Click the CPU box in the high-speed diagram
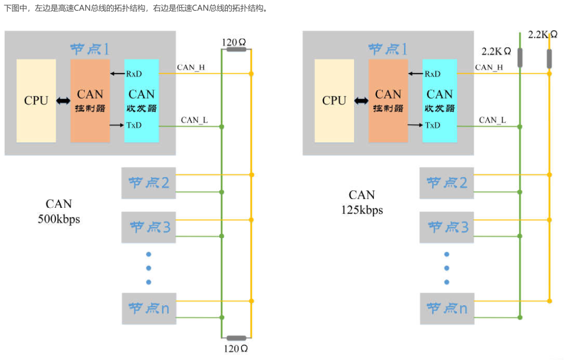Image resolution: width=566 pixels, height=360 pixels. (x=36, y=101)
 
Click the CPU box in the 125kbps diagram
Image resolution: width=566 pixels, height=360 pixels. (x=334, y=101)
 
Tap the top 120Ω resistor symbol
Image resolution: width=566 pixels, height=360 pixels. (x=237, y=49)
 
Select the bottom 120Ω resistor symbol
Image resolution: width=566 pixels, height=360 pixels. (x=237, y=338)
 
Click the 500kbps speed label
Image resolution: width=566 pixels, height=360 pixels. (x=59, y=219)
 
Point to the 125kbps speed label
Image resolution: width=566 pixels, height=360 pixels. (x=362, y=210)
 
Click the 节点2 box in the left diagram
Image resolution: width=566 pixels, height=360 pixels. (x=149, y=183)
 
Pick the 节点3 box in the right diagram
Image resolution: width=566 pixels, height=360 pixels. (x=447, y=227)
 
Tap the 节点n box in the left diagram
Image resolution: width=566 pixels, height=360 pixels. (x=149, y=308)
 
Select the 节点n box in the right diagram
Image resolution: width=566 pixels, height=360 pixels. (x=447, y=308)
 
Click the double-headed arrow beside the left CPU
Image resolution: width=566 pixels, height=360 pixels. (x=63, y=101)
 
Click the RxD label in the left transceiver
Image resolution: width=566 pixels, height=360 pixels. (x=134, y=74)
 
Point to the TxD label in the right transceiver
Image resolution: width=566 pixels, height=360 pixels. (x=433, y=125)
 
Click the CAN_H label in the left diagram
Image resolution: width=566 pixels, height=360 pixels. (x=191, y=67)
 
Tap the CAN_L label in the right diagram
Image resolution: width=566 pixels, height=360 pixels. (x=492, y=120)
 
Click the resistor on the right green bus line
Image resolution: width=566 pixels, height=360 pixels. (x=520, y=58)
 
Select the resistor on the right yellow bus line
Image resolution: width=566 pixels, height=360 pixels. (x=549, y=59)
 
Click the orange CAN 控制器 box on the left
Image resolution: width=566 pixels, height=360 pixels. (x=90, y=101)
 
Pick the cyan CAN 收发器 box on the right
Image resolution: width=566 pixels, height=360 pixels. (x=440, y=101)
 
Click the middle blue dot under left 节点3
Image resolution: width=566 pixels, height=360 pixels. (x=149, y=268)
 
